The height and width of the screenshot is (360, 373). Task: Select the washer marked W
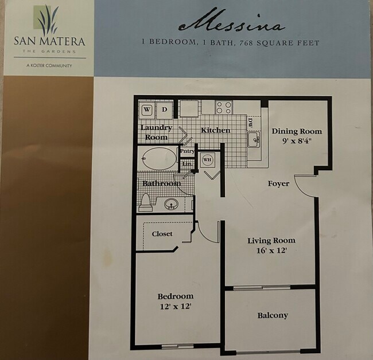point(146,109)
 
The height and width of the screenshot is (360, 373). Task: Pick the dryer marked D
point(164,109)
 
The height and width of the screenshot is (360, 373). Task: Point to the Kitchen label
point(215,130)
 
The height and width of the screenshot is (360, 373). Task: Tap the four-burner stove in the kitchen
point(224,107)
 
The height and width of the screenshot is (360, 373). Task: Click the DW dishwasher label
point(251,122)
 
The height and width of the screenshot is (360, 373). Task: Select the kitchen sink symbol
point(253,139)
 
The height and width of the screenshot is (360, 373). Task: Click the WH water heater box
point(207,159)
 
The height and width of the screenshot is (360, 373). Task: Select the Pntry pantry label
point(187,151)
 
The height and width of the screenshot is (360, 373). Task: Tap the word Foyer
point(278,183)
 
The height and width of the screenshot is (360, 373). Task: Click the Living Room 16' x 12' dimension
point(271,251)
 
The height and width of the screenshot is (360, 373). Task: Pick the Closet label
point(162,234)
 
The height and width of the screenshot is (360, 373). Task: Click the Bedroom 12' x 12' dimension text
point(176,307)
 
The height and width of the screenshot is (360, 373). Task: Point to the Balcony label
point(273,315)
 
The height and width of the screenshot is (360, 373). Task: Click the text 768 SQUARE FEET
point(287,42)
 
